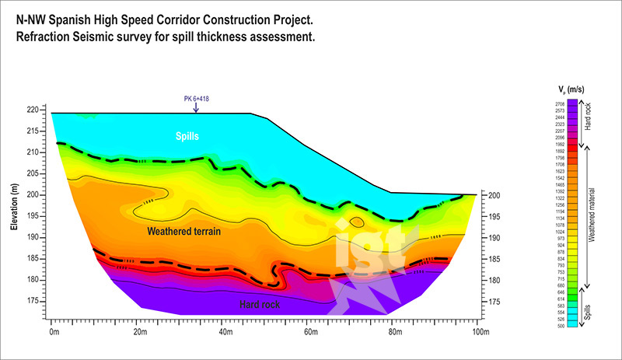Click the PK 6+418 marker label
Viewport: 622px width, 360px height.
196,99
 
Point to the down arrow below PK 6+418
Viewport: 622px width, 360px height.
196,108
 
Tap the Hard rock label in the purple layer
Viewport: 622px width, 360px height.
259,305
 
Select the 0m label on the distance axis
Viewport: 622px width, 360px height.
54,332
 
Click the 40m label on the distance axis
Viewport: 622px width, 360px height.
225,332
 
